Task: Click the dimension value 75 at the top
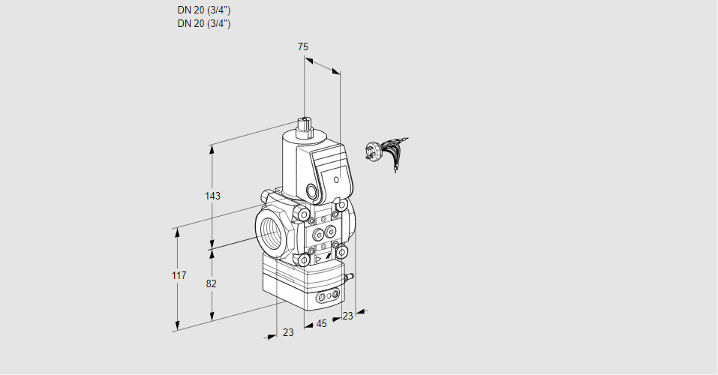303,46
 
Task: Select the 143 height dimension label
213,196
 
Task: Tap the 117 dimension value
178,276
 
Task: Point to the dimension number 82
212,283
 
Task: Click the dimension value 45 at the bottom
321,323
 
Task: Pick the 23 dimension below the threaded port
288,332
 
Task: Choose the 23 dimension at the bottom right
347,316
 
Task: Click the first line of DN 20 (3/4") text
203,10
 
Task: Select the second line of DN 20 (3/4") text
203,23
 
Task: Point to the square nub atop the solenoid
304,124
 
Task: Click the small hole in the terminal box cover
337,179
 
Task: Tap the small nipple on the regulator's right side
347,278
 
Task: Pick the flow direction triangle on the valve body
319,257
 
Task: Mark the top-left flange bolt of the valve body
304,216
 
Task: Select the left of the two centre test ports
316,233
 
